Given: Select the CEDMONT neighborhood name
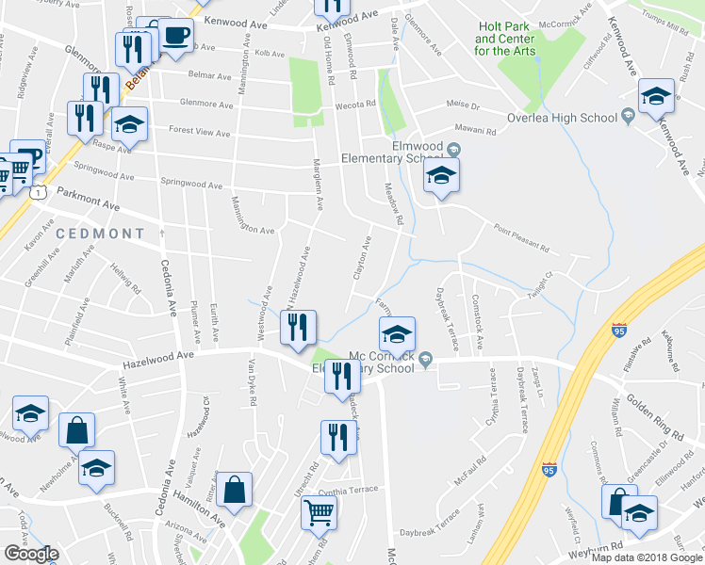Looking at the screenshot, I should coord(100,233).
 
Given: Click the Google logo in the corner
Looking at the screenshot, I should coord(30,553).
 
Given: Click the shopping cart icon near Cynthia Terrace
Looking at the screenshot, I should coord(320,514).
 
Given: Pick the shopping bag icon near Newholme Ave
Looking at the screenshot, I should coord(76,432).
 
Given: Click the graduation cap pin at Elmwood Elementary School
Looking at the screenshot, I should coord(440,177).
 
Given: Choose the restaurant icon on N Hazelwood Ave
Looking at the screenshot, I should coord(298,329).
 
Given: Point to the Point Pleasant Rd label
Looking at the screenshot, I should coord(518,237).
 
